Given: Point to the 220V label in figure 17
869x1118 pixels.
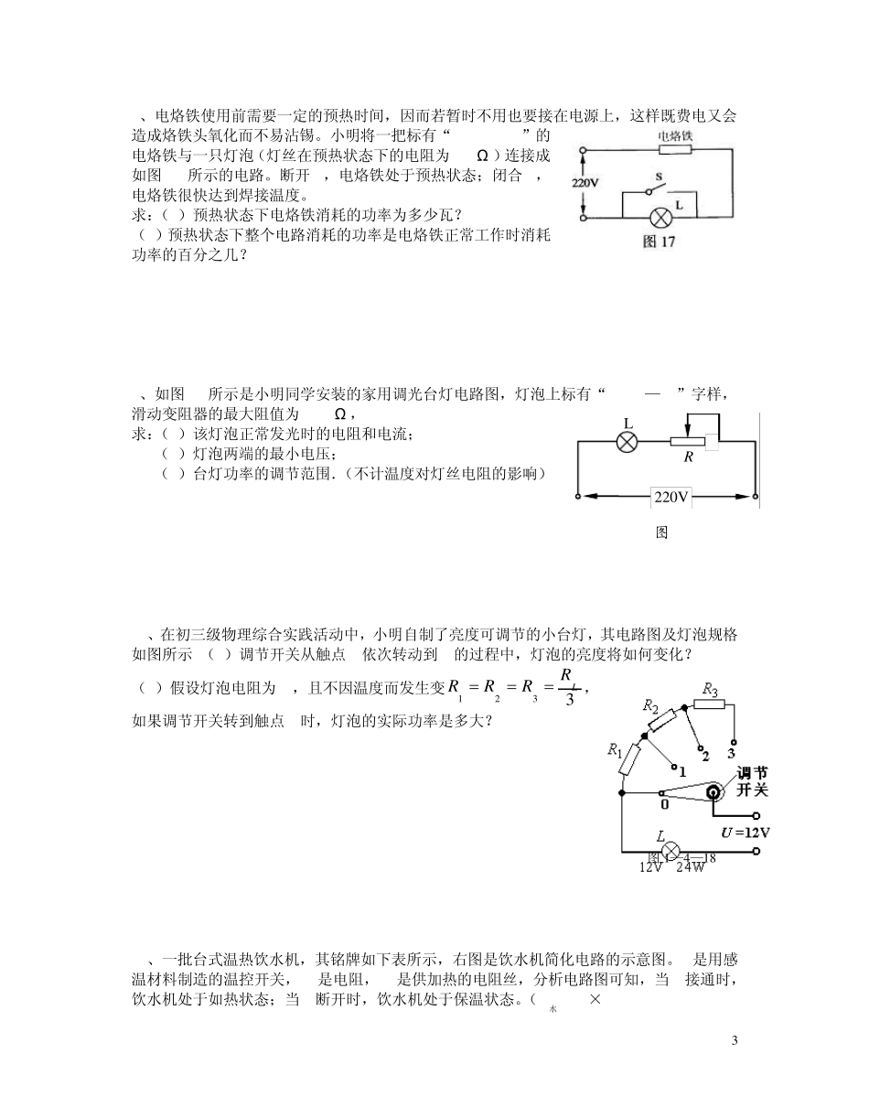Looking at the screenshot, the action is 585,182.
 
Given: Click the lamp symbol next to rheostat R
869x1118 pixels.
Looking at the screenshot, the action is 628,442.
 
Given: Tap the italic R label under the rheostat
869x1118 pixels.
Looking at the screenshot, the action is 688,457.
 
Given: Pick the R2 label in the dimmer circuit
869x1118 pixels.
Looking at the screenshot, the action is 650,705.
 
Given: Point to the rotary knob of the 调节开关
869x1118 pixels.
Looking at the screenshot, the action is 717,794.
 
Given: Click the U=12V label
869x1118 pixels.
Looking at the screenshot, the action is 746,833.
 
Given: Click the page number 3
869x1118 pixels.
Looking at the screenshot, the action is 735,1040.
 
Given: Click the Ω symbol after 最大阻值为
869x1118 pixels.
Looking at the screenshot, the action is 340,414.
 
